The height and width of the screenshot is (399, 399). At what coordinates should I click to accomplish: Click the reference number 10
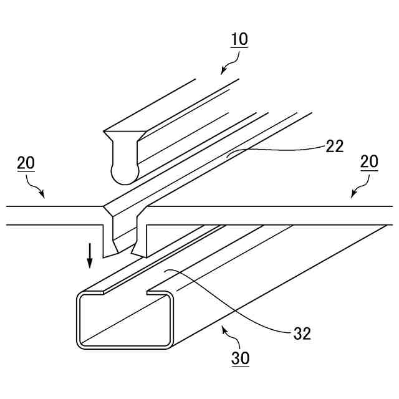pos(238,39)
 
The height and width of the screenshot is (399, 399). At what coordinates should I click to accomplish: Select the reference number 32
pos(302,334)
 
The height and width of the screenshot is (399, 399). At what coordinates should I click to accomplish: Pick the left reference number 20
pos(26,163)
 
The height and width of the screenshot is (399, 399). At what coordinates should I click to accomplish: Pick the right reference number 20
pos(369,163)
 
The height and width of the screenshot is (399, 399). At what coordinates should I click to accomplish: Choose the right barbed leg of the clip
pos(141,240)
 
